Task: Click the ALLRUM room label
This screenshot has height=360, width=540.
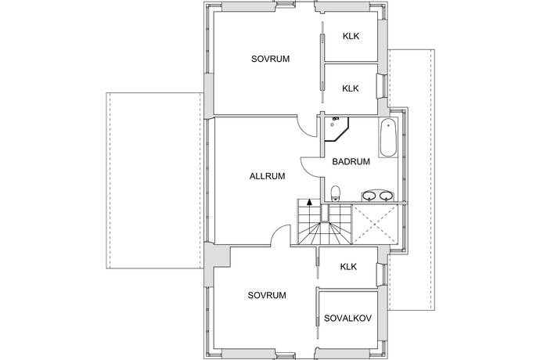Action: (x=267, y=176)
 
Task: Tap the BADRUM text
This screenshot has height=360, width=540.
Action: (x=351, y=161)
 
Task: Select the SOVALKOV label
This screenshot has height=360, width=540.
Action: (x=347, y=318)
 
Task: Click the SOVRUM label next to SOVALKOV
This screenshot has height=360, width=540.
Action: (x=267, y=295)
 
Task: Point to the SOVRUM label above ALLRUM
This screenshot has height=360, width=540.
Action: (x=270, y=59)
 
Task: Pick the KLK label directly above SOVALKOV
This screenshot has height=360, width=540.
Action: (x=348, y=267)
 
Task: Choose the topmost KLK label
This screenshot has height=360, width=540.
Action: (x=351, y=36)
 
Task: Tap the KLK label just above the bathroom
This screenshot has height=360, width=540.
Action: (x=351, y=88)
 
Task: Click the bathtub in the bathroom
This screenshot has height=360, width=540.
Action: (x=388, y=138)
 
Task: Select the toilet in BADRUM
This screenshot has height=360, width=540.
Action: (x=335, y=193)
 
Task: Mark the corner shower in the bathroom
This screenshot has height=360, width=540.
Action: (x=337, y=129)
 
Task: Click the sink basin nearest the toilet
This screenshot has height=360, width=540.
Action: (x=369, y=196)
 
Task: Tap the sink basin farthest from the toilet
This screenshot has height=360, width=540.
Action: (x=386, y=196)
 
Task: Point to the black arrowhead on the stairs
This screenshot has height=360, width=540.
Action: (x=310, y=202)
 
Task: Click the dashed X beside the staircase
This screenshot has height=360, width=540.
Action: (x=375, y=224)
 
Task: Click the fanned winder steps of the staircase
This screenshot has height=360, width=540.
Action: (x=325, y=233)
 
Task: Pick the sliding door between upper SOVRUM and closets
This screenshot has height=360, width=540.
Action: (x=322, y=62)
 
